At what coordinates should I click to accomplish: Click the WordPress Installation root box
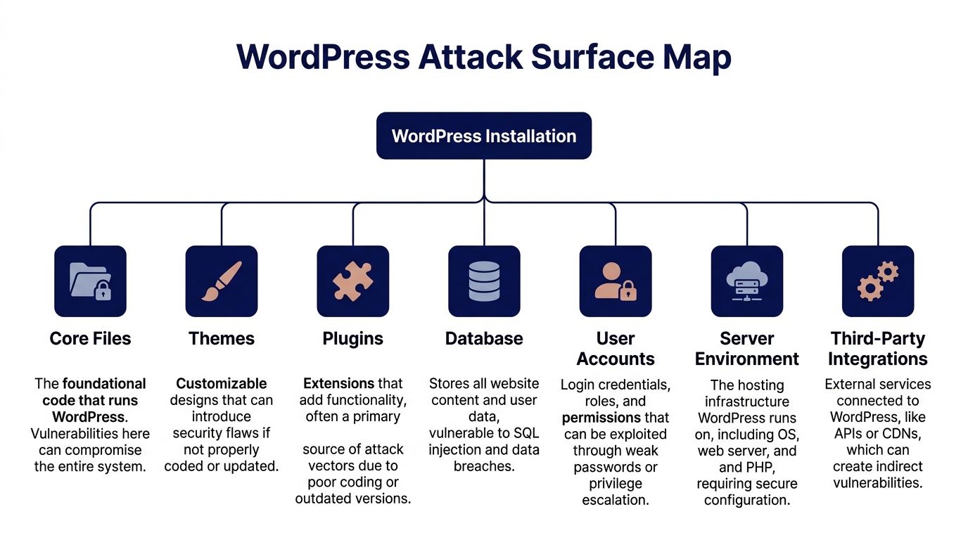tap(484, 136)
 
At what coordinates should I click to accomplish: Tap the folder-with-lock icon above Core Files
tap(90, 281)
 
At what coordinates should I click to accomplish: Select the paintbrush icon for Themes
tap(222, 281)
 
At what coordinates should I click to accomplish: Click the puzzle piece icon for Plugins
tap(352, 281)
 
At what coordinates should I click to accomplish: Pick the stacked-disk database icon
tap(484, 281)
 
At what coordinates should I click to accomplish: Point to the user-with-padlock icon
tap(615, 281)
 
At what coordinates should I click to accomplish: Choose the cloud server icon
tap(746, 281)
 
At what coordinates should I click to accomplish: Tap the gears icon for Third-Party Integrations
tap(877, 281)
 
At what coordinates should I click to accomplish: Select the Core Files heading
tap(90, 338)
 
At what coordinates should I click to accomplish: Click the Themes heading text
tap(222, 338)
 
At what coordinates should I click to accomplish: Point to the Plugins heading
tap(352, 338)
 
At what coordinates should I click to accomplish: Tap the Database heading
tap(484, 338)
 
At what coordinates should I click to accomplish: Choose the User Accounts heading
tap(615, 349)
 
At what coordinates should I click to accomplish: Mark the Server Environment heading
tap(746, 349)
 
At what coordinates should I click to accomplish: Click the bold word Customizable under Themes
tap(222, 383)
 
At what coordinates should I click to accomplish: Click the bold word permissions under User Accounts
tap(601, 418)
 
